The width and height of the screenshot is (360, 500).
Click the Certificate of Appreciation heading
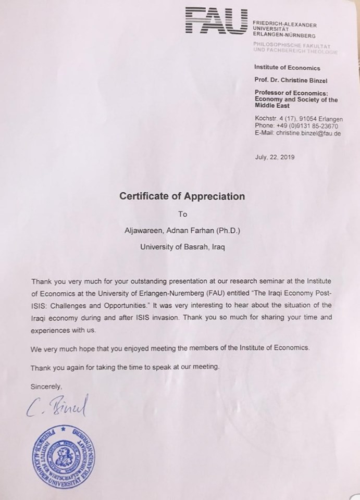point(182,197)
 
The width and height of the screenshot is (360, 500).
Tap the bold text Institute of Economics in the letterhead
point(287,68)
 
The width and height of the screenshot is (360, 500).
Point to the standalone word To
point(182,214)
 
